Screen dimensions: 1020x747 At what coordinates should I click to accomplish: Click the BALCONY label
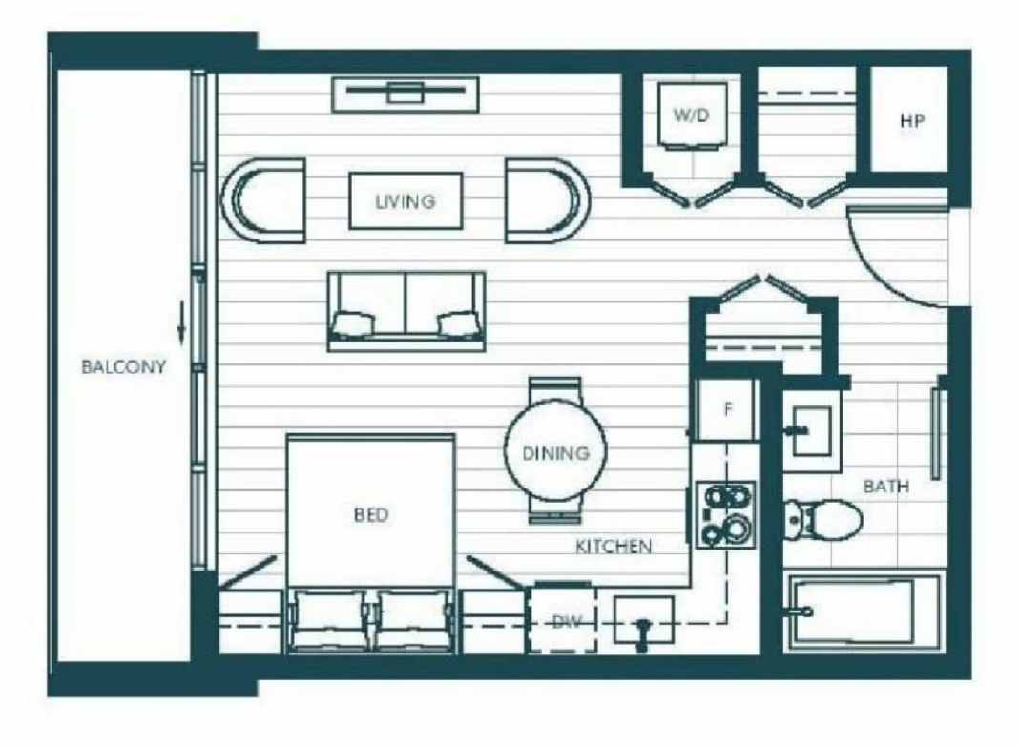pos(124,367)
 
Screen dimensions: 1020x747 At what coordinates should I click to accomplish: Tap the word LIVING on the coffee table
pos(406,201)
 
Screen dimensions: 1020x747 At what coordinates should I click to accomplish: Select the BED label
pos(371,515)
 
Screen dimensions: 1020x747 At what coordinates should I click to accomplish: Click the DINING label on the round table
pos(556,453)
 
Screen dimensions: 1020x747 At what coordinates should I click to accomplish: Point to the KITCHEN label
pos(614,546)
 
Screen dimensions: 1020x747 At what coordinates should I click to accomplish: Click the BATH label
pos(886,486)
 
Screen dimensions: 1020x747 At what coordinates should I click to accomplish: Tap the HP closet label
pos(912,121)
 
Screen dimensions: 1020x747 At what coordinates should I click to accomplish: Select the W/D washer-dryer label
pos(691,115)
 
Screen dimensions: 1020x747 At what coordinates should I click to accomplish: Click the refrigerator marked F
pos(727,410)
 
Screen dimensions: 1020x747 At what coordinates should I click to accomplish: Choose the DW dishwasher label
pos(567,622)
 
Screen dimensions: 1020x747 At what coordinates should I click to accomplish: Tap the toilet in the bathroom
pos(823,519)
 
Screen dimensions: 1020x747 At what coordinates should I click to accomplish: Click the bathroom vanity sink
pos(811,431)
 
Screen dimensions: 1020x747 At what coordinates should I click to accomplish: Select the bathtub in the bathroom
pos(865,612)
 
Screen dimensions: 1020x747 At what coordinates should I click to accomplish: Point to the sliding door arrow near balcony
pos(182,322)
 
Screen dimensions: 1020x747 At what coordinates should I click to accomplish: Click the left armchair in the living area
pos(264,200)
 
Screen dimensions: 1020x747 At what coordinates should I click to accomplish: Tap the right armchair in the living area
pos(548,200)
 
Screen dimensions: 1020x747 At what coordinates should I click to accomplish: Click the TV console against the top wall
pos(406,95)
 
